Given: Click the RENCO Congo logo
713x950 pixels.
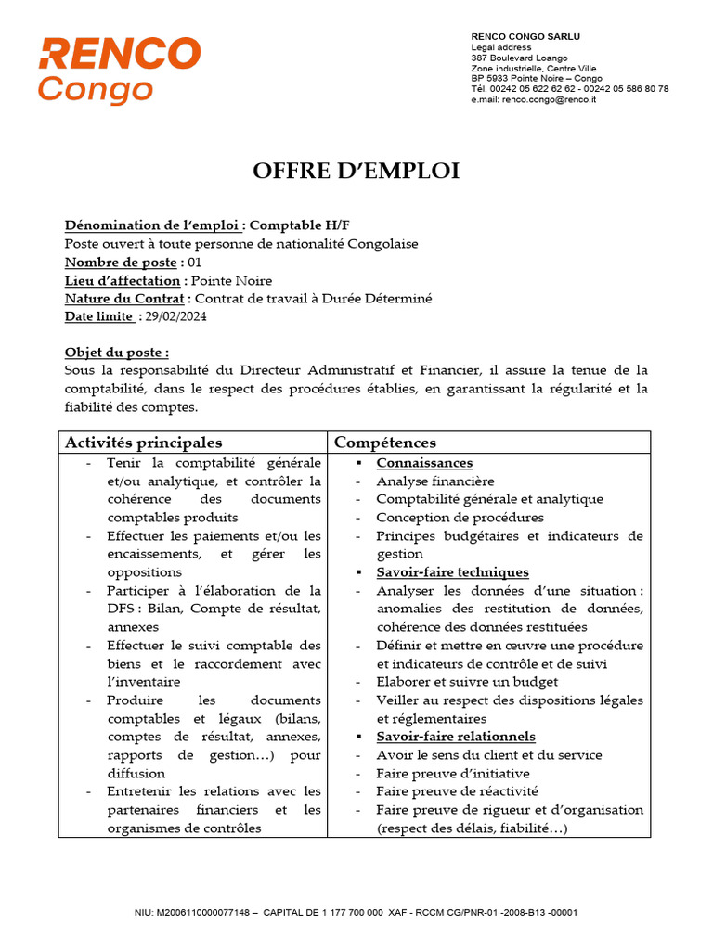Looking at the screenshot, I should coord(119,70).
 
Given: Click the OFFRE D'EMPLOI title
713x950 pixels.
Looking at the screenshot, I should coord(356,172).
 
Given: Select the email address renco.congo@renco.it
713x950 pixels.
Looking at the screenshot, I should coord(549,99).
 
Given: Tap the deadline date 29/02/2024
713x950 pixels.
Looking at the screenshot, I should coord(176,317).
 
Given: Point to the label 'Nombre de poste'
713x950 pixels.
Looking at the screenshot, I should coord(120,263).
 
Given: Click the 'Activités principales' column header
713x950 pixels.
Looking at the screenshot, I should coord(143,443).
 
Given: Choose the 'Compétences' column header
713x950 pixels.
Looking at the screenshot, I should coord(384,443).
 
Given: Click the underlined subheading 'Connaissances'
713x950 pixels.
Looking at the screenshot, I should coord(424,463).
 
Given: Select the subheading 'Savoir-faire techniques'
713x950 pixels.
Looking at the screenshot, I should coord(452,572).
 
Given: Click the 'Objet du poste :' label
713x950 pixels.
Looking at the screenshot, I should coord(117,353).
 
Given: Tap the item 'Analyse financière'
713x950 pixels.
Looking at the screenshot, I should coord(435,481).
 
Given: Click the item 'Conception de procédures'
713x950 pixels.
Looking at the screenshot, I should coord(460,518).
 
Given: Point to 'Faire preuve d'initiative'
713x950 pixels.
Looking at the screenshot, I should coord(453,774).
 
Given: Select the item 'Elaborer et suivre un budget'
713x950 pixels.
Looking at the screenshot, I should coord(468,682).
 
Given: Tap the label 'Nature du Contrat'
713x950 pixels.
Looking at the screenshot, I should coord(125,299).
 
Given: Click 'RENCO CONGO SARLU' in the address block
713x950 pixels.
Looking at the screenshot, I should coord(525,36).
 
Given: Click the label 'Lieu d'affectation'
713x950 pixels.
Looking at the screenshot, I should coord(123,281).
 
